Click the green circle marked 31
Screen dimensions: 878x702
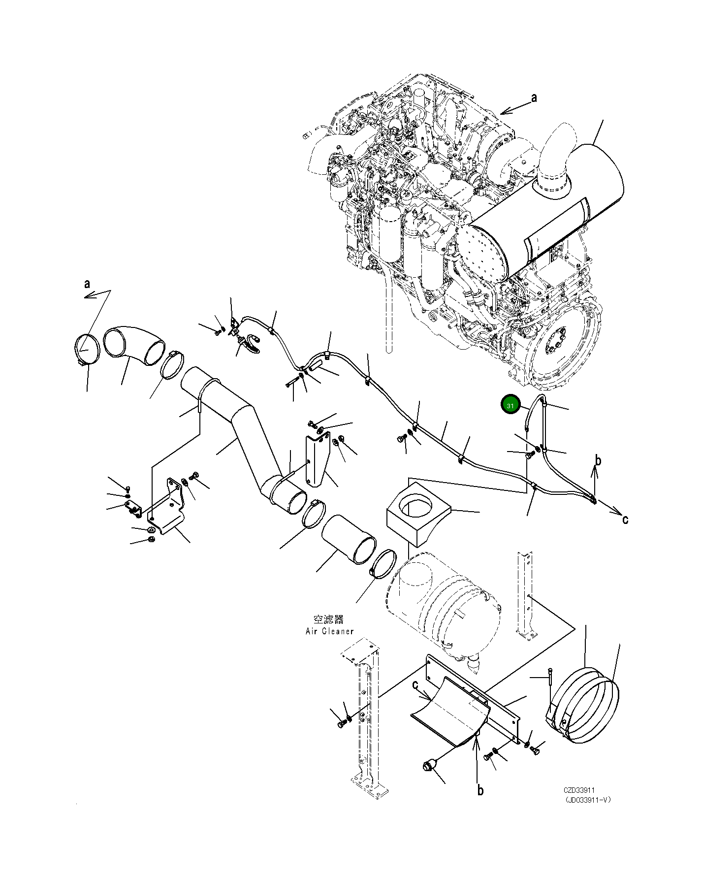pyautogui.click(x=510, y=405)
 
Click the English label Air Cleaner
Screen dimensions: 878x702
pyautogui.click(x=329, y=631)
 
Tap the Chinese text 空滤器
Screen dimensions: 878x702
pyautogui.click(x=328, y=619)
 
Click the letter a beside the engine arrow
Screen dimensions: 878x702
pyautogui.click(x=534, y=98)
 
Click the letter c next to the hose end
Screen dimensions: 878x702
pyautogui.click(x=625, y=519)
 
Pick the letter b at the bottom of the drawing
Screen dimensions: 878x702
pyautogui.click(x=480, y=790)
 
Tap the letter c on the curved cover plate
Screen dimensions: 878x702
pyautogui.click(x=415, y=685)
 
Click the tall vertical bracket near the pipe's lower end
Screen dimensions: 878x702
pyautogui.click(x=317, y=460)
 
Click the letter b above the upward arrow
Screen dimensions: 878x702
pyautogui.click(x=598, y=461)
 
